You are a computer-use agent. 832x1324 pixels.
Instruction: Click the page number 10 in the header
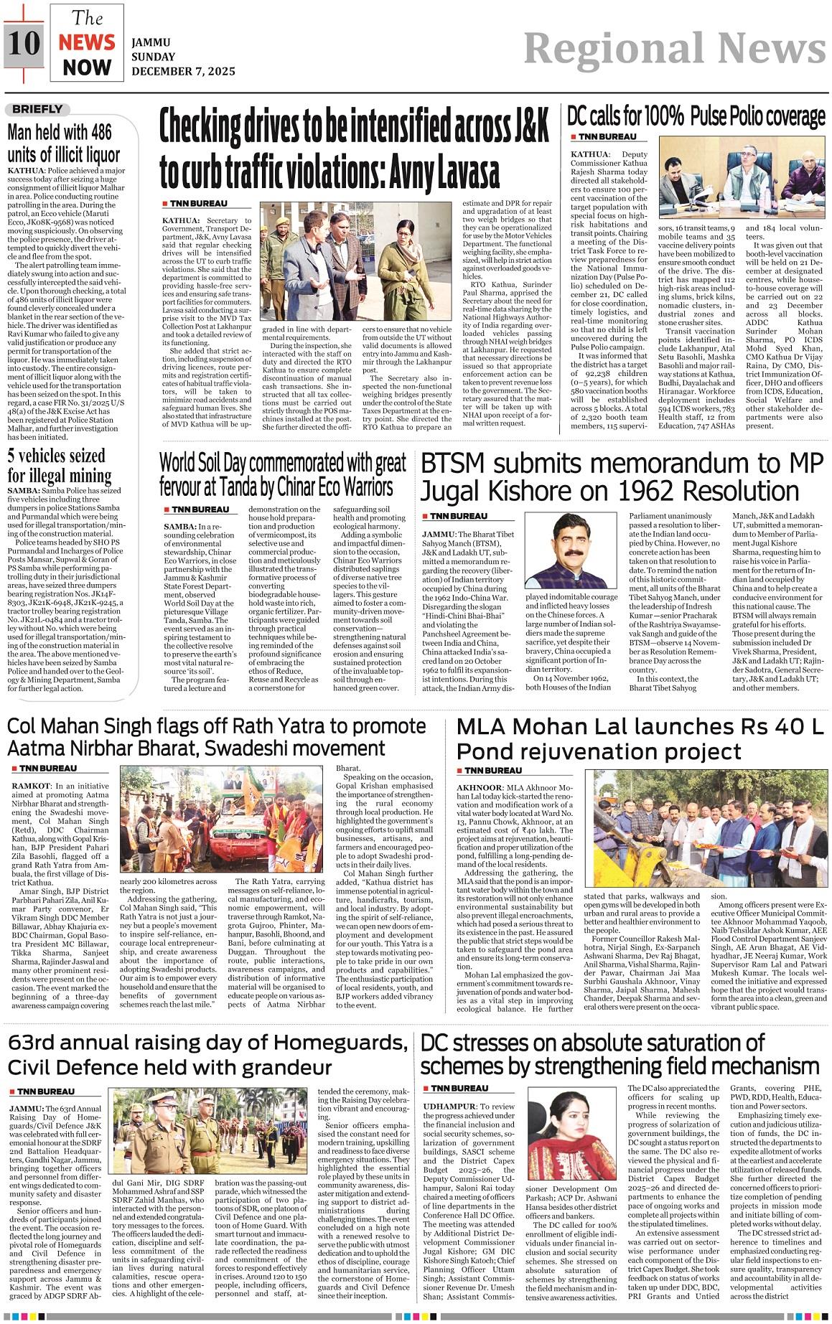click(x=24, y=42)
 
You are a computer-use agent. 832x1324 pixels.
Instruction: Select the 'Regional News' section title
click(x=675, y=48)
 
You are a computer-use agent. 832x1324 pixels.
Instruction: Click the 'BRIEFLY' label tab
click(x=38, y=110)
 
